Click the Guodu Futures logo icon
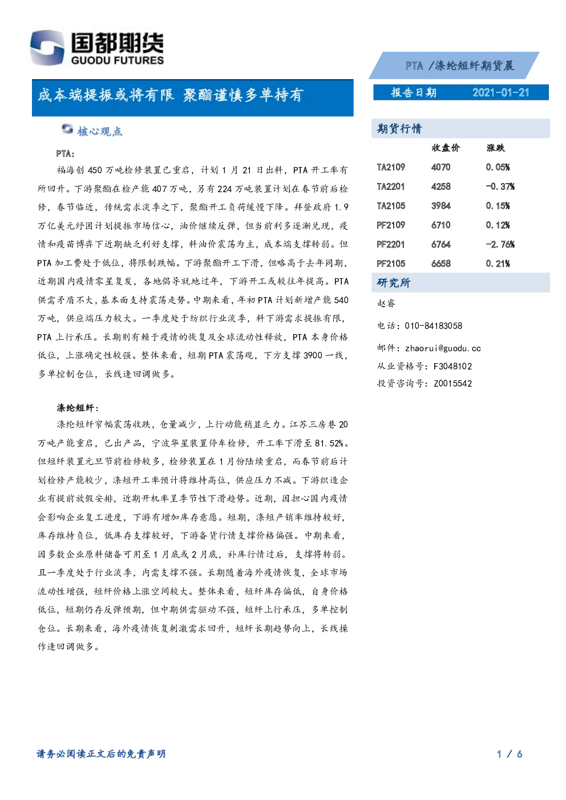(x=47, y=47)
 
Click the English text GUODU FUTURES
(x=118, y=60)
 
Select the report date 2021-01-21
(x=500, y=93)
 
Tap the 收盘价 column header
(x=446, y=148)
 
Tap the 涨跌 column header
(x=496, y=148)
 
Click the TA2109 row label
(x=391, y=167)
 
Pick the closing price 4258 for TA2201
(x=441, y=186)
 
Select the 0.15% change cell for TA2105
(x=498, y=206)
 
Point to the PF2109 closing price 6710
(x=441, y=225)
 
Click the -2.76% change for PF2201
(x=500, y=244)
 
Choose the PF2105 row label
(x=391, y=263)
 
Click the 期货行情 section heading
(x=399, y=128)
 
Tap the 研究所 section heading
(x=394, y=282)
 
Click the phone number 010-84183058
(x=434, y=326)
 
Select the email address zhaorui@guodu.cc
(x=443, y=348)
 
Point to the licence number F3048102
(x=452, y=367)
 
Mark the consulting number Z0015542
(x=452, y=384)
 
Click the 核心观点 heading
(x=100, y=131)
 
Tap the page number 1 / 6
(x=510, y=754)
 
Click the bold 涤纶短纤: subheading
(x=78, y=408)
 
